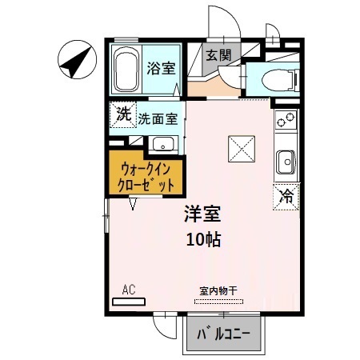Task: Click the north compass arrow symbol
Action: (74, 60)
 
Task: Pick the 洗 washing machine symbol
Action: (122, 114)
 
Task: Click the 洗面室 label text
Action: (157, 118)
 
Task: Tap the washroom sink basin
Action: (163, 144)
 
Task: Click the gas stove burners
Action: (286, 120)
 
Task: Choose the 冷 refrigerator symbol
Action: (286, 194)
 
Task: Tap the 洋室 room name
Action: (203, 214)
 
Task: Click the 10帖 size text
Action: (203, 238)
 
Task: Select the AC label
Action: (128, 290)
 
